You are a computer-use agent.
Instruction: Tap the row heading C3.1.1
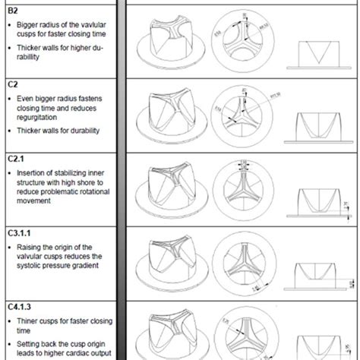pyautogui.click(x=19, y=235)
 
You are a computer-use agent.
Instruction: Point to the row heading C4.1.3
pyautogui.click(x=19, y=309)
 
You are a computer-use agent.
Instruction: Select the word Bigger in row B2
pyautogui.click(x=29, y=24)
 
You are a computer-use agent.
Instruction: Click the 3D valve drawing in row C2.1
pyautogui.click(x=169, y=190)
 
